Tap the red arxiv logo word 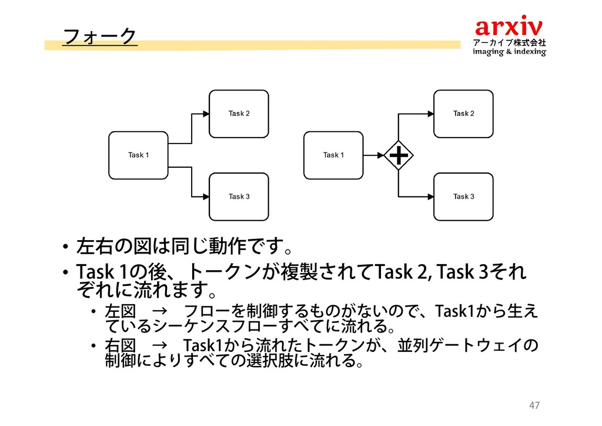tap(509, 26)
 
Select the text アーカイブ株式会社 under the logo tap(509, 43)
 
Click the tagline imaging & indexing tap(509, 52)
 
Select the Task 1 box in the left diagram tap(139, 155)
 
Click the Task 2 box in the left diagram tap(239, 114)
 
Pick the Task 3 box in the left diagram tap(239, 197)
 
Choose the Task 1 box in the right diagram tap(333, 155)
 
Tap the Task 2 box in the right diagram tap(463, 114)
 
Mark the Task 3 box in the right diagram tap(463, 197)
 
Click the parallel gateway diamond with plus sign tap(399, 155)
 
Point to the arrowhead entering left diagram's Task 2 tap(206, 114)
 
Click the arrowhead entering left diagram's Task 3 tap(206, 197)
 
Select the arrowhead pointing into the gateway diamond tap(380, 155)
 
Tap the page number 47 tap(534, 405)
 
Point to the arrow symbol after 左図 tap(160, 310)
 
